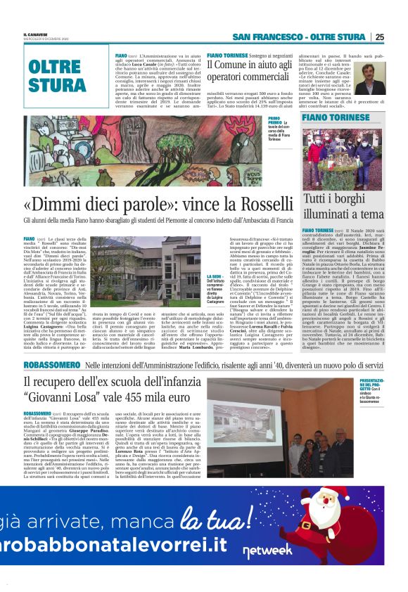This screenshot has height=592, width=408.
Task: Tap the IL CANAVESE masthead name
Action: [34, 34]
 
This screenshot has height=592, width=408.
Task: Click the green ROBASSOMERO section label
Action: [51, 366]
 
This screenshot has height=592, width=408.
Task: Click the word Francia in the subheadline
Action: [279, 220]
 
